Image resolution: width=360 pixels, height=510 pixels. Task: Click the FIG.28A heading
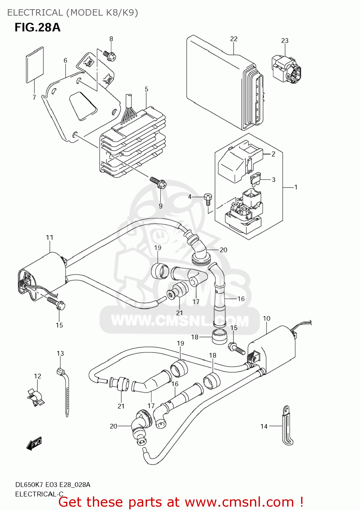37,27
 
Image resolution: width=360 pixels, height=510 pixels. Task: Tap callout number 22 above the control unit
233,39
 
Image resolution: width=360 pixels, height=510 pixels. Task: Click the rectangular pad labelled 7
35,65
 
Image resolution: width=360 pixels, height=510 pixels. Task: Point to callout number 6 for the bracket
65,61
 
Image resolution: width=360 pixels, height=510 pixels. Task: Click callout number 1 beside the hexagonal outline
296,187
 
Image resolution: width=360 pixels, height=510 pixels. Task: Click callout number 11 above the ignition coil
50,237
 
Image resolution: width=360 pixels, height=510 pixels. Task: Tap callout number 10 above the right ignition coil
266,318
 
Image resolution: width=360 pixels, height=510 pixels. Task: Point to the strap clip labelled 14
287,425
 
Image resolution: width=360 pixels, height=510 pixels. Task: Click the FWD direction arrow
34,443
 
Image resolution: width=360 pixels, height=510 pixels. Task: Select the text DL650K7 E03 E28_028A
53,485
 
